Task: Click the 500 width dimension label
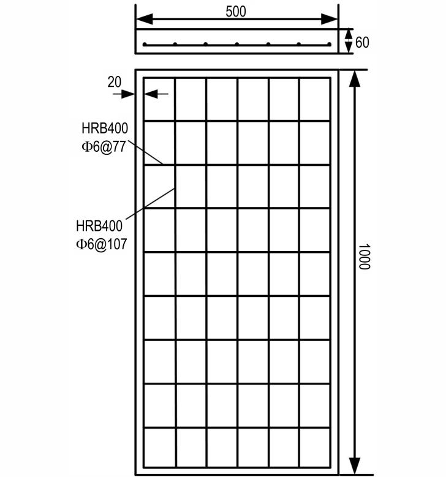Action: tap(236, 12)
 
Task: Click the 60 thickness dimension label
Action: tap(362, 42)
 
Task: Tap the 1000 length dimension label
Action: tap(364, 257)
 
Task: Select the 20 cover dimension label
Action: tap(114, 82)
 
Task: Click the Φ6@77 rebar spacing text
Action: tap(104, 147)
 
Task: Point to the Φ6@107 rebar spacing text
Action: tap(101, 244)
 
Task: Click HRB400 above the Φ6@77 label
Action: tap(105, 129)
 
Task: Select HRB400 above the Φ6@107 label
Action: tap(99, 226)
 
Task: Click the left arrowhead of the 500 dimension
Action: tap(145, 19)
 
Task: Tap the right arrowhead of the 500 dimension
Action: tap(330, 19)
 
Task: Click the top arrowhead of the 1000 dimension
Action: tap(354, 79)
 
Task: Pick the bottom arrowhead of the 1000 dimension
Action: tap(354, 466)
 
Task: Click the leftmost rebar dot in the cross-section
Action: tap(145, 45)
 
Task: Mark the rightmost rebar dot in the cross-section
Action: tap(329, 45)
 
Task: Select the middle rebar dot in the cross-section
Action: tap(237, 45)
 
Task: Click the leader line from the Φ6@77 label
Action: tap(146, 152)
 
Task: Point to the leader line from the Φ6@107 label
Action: tap(150, 203)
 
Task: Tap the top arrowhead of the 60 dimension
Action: tap(349, 34)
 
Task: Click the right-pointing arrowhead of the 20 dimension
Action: tap(128, 94)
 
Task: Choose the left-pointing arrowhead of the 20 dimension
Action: tap(151, 94)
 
